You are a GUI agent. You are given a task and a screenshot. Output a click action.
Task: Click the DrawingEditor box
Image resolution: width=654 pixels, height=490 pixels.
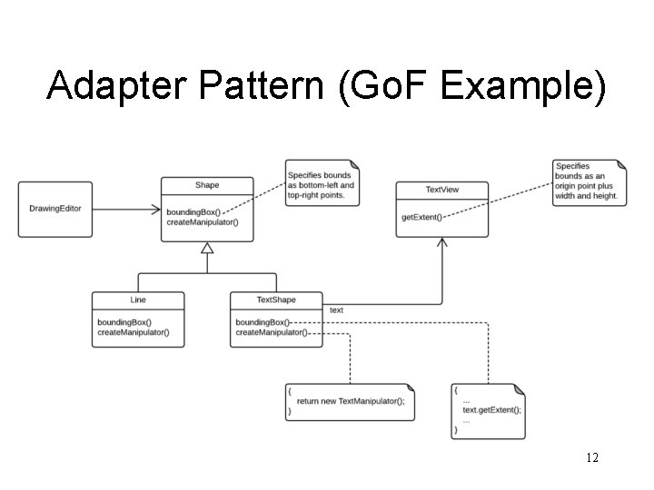pos(55,209)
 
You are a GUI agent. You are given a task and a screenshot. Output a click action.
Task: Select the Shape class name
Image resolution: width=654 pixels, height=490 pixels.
pos(207,185)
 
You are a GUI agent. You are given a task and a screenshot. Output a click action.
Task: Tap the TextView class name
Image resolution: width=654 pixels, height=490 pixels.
pos(442,190)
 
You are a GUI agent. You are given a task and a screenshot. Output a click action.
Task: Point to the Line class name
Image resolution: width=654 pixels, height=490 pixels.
pos(138,299)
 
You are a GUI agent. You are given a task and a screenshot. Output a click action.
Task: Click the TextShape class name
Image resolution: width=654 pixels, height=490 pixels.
pos(276,299)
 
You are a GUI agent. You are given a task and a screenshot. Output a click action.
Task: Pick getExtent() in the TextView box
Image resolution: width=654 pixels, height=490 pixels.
pos(421,218)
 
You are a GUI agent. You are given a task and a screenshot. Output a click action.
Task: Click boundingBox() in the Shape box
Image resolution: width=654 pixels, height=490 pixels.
pos(193,212)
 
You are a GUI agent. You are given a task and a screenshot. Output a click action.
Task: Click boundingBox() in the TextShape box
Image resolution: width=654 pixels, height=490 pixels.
pos(263,322)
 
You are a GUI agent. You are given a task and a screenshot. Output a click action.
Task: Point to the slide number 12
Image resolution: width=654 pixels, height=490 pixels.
pos(592,458)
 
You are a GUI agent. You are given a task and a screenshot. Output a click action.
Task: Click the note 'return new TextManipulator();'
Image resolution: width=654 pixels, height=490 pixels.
pos(351,400)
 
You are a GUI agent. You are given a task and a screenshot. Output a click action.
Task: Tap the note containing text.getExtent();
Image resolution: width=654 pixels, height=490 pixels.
pos(488,409)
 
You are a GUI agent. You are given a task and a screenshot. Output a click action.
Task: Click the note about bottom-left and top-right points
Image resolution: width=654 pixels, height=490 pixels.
pos(322,184)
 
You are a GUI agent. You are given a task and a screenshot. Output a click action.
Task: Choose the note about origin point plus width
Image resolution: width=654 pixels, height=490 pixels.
pos(589,181)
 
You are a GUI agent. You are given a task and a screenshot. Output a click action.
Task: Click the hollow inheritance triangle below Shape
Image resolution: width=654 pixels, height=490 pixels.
pos(207,247)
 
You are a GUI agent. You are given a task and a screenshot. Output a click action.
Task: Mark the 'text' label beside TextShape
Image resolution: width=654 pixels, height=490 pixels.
pos(336,310)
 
